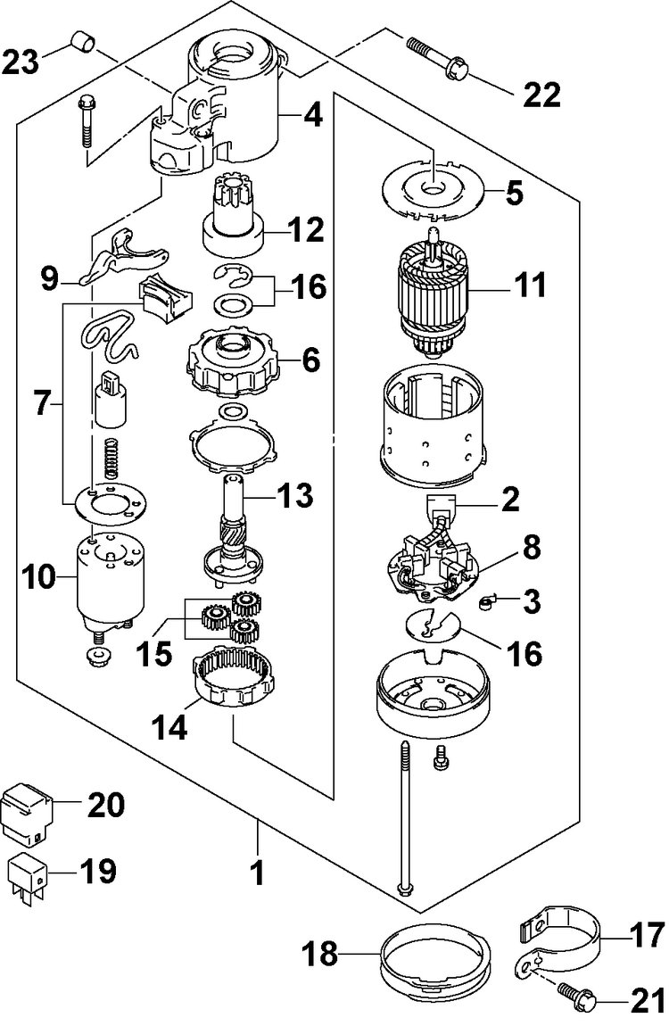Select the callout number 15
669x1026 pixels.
[155, 654]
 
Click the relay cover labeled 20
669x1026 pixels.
[29, 812]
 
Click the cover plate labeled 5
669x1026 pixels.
[433, 190]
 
